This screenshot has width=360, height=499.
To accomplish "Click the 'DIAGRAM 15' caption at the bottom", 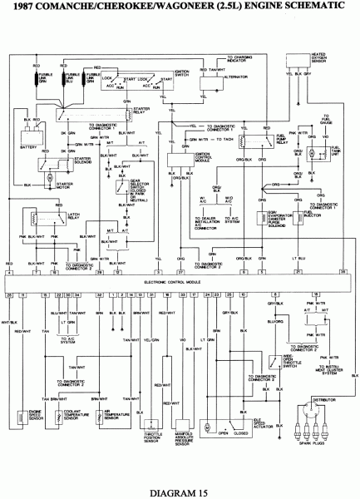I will point(180,491).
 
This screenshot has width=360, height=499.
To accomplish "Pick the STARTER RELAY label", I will point(134,122).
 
